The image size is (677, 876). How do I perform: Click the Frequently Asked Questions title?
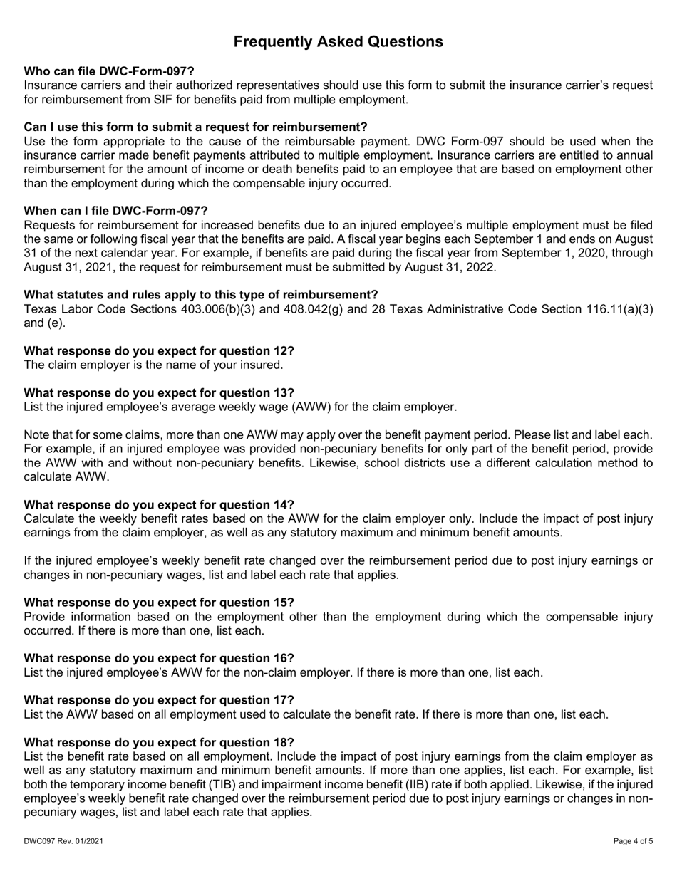pyautogui.click(x=338, y=42)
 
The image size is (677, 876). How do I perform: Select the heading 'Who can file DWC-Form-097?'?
pyautogui.click(x=109, y=71)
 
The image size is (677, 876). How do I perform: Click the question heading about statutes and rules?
pyautogui.click(x=201, y=295)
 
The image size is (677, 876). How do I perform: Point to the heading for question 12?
pyautogui.click(x=159, y=351)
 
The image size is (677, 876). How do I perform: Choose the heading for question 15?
pyautogui.click(x=159, y=602)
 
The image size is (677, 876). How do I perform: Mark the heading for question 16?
pyautogui.click(x=159, y=658)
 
